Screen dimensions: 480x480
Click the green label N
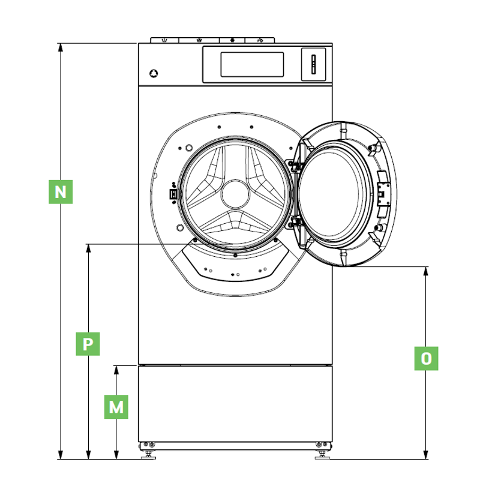pyautogui.click(x=60, y=192)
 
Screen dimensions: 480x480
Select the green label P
pyautogui.click(x=88, y=344)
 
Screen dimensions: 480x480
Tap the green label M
pyautogui.click(x=116, y=407)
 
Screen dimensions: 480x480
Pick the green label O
pyautogui.click(x=426, y=359)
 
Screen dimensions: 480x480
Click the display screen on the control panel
pyautogui.click(x=252, y=64)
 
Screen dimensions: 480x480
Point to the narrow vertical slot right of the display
pyautogui.click(x=312, y=65)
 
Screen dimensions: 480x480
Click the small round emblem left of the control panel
pyautogui.click(x=154, y=74)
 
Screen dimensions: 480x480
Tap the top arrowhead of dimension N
pyautogui.click(x=60, y=47)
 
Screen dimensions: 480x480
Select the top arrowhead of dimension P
pyautogui.click(x=88, y=248)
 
